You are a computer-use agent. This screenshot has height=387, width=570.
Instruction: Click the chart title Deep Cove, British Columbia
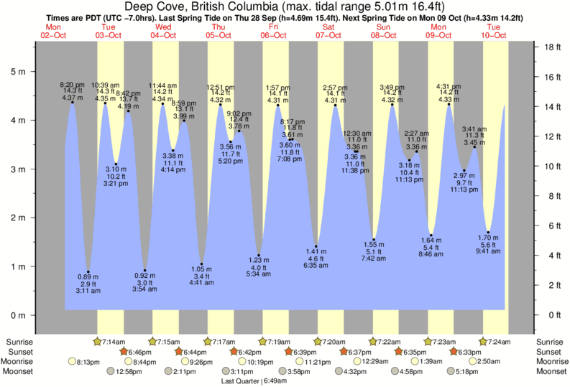pyautogui.click(x=285, y=6)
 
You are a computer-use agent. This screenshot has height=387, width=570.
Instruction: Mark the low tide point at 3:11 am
pyautogui.click(x=88, y=272)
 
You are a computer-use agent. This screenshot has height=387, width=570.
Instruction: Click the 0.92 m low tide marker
pyautogui.click(x=145, y=271)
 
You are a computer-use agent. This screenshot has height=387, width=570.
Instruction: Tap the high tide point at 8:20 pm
pyautogui.click(x=73, y=102)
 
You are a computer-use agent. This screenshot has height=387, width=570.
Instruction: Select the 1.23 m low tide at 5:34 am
pyautogui.click(x=259, y=256)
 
